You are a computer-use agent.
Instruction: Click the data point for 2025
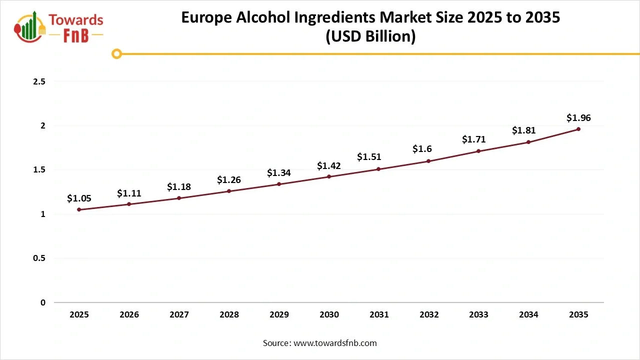click(x=79, y=209)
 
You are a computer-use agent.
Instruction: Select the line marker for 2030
click(x=329, y=176)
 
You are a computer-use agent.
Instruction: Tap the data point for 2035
click(x=578, y=129)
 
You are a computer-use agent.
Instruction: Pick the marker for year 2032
click(x=428, y=161)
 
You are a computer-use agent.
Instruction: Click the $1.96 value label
click(x=578, y=118)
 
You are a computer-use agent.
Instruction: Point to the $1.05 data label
click(x=79, y=198)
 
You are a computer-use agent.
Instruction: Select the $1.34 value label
click(x=279, y=173)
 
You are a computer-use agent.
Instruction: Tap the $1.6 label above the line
click(x=422, y=149)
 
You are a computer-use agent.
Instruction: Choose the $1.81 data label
click(x=523, y=130)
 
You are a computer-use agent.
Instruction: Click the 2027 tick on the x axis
click(x=179, y=314)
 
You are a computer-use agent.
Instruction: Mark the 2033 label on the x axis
click(x=478, y=314)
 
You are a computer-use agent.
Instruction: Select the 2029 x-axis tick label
click(x=279, y=314)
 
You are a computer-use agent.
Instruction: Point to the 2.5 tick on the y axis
click(x=39, y=81)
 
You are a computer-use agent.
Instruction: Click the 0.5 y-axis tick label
click(x=39, y=258)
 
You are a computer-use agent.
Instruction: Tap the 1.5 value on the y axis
click(x=39, y=170)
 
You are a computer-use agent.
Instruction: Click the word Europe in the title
click(x=207, y=17)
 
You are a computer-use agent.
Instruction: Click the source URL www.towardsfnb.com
click(x=334, y=343)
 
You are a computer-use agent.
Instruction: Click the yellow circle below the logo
click(x=116, y=53)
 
